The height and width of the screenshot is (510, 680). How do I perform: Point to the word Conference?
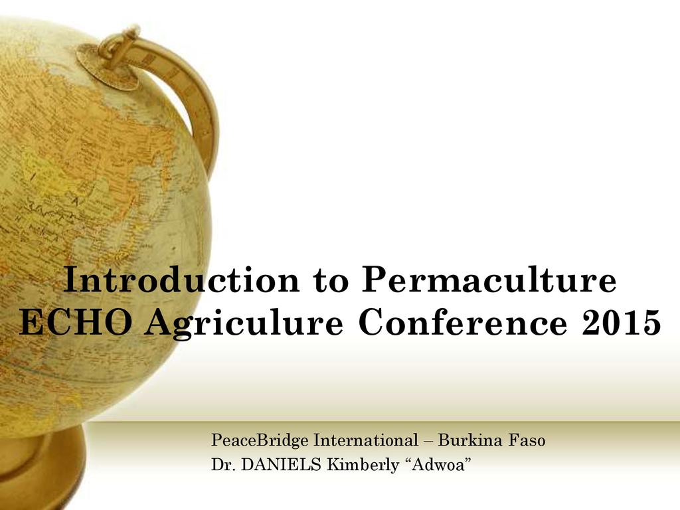464,323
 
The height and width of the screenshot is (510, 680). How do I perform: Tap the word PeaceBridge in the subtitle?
260,441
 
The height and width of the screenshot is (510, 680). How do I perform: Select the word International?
366,440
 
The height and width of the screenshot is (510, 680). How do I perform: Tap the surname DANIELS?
281,465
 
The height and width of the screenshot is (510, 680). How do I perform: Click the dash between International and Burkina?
428,442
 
